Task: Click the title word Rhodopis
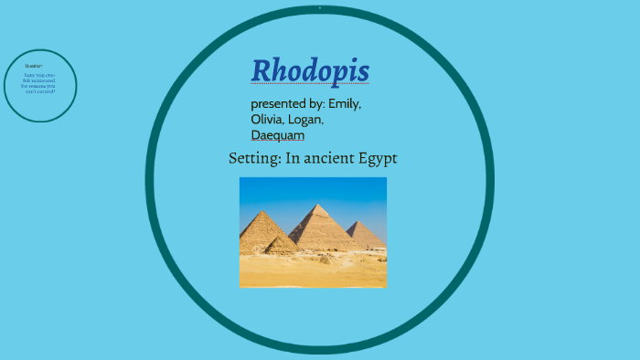(x=310, y=70)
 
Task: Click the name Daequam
(x=278, y=135)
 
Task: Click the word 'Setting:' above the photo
(x=254, y=158)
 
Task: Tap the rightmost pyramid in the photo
(x=365, y=235)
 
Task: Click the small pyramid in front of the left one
(x=281, y=245)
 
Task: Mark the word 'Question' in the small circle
(x=34, y=66)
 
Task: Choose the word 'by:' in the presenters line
(x=314, y=103)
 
